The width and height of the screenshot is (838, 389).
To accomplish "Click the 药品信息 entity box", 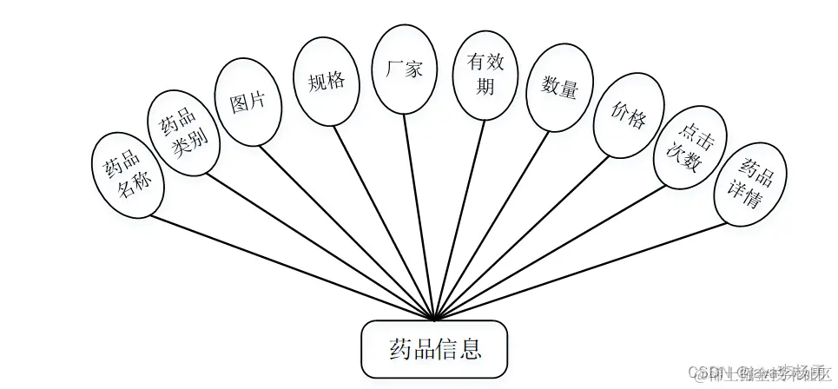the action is [433, 350].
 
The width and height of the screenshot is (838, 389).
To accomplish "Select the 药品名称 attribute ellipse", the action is [127, 175].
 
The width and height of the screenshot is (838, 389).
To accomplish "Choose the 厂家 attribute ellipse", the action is [403, 69].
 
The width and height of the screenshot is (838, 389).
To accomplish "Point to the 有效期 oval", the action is [485, 76].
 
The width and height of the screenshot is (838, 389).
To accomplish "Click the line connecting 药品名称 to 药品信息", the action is [295, 267].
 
